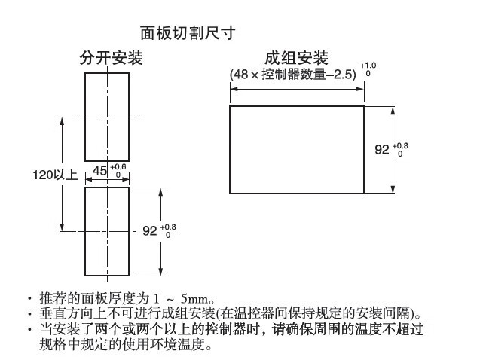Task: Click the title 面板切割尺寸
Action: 188,33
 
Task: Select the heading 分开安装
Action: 112,58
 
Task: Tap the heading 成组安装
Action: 296,58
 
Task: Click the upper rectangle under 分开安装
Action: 107,113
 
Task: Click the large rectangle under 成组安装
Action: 297,149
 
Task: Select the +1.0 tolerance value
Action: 368,66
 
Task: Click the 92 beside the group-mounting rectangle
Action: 382,149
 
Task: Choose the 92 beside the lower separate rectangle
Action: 149,231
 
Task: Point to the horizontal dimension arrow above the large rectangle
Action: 297,89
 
